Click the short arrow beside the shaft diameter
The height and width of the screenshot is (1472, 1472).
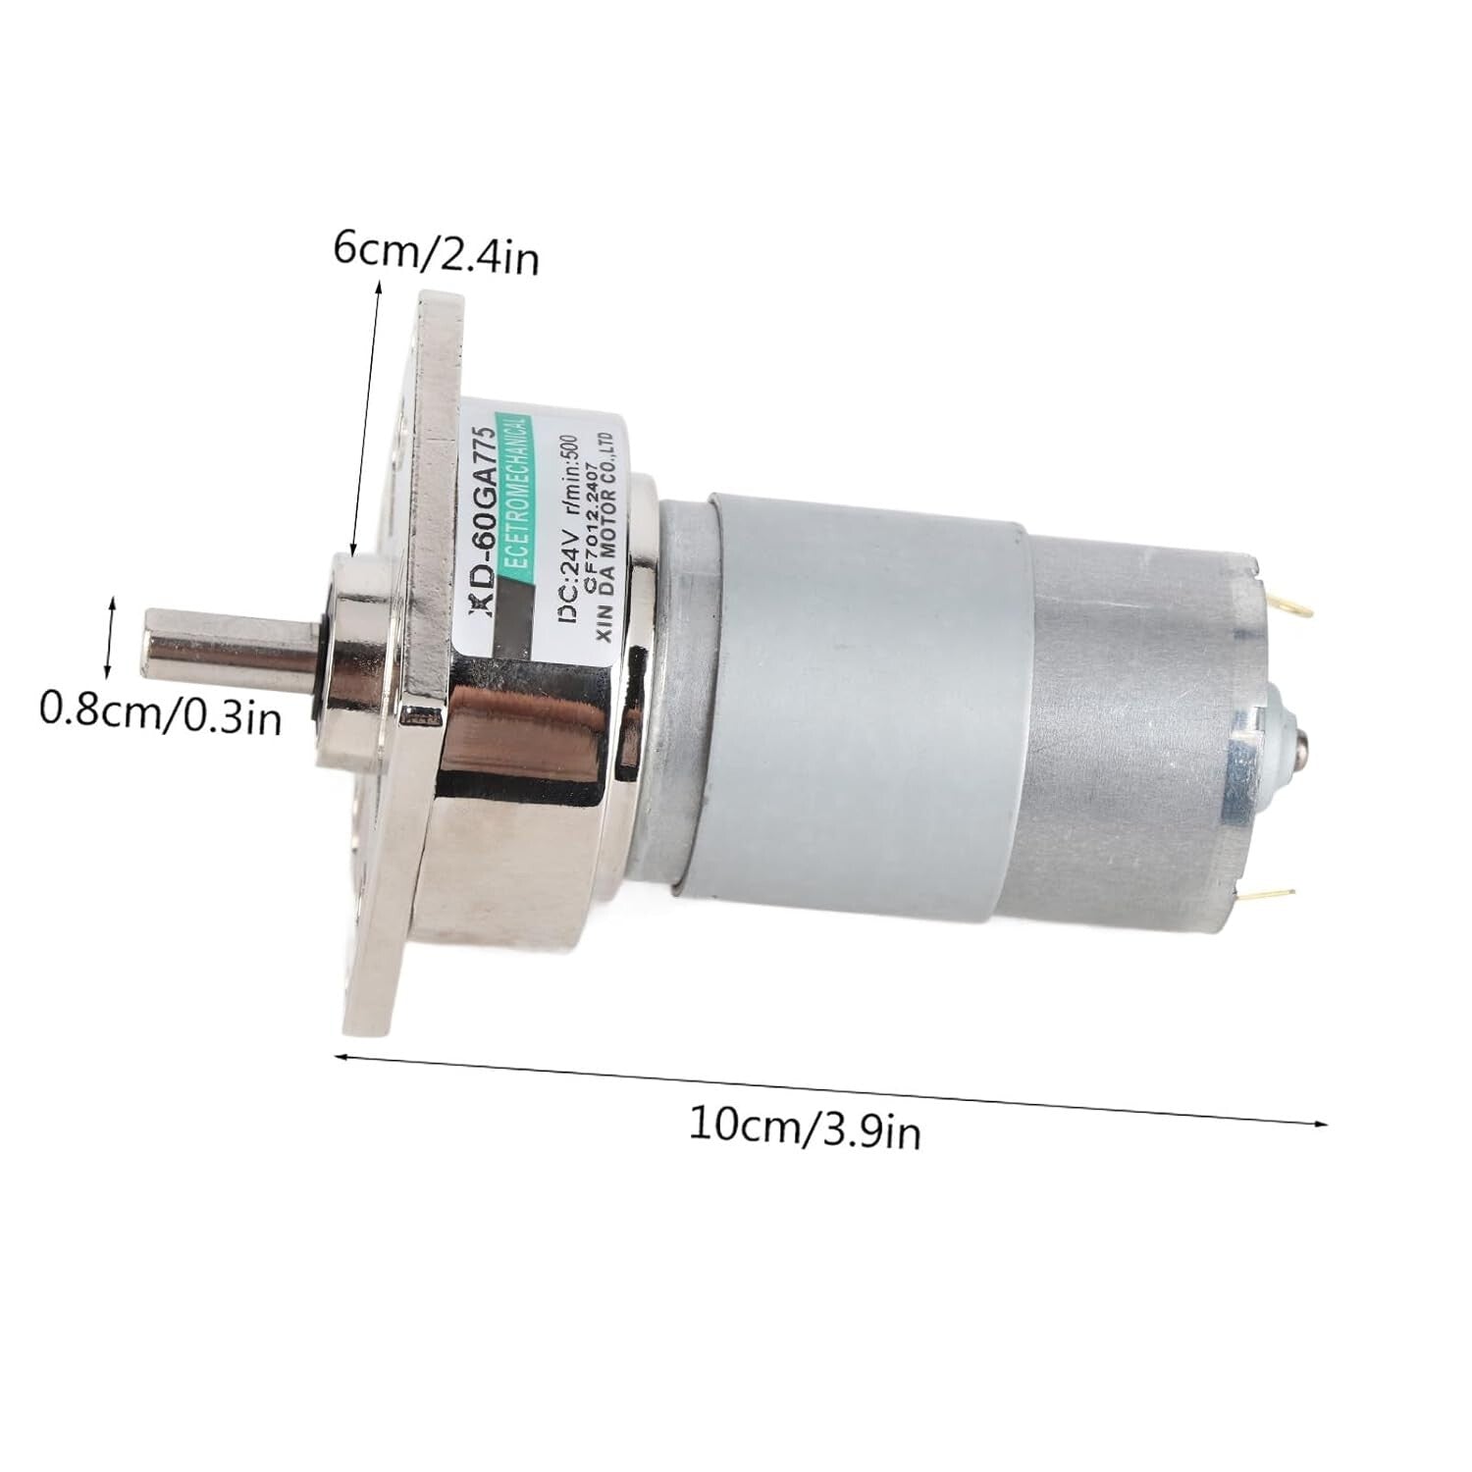click(114, 637)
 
